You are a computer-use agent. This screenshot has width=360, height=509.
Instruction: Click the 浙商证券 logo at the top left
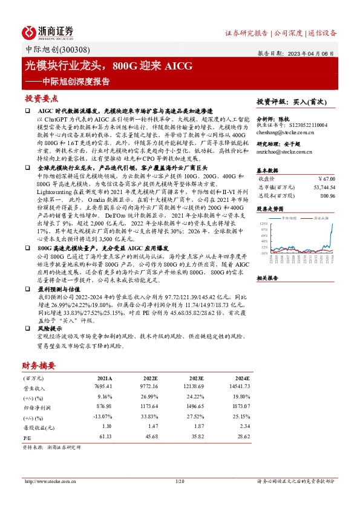pos(48,32)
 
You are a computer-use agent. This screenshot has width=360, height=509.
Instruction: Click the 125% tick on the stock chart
pos(264,224)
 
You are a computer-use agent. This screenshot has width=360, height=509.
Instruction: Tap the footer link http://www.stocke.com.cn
pos(48,481)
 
